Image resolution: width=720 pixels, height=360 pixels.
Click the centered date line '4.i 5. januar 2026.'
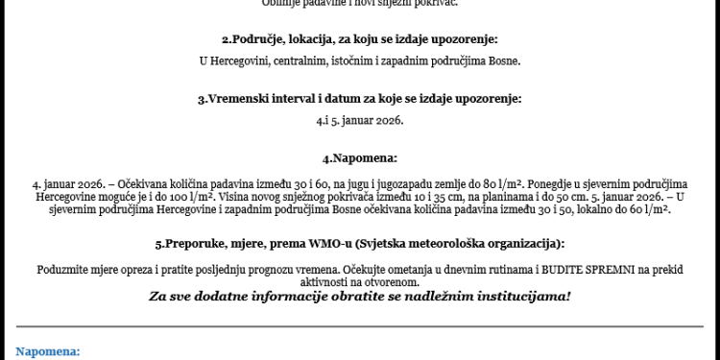click(360, 121)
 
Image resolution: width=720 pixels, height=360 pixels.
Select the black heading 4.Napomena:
click(360, 157)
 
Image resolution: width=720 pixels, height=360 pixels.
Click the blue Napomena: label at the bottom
click(48, 351)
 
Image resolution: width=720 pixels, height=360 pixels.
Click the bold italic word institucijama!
click(523, 296)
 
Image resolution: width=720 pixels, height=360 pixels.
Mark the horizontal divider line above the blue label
click(360, 327)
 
